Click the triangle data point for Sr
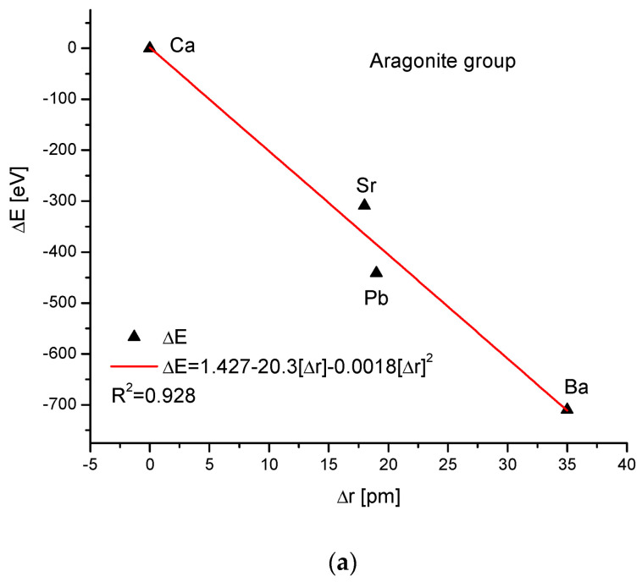point(364,204)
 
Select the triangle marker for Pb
point(376,272)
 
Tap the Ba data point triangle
point(567,409)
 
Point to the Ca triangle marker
point(150,47)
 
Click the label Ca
point(182,46)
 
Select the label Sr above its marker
point(366,184)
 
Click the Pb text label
point(376,297)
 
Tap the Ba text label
point(576,387)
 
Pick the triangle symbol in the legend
point(134,336)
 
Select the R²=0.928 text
point(152,395)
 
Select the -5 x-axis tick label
point(89,464)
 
